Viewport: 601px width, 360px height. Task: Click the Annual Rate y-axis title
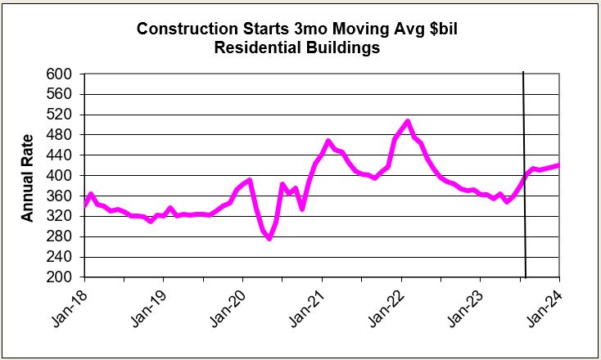[x=28, y=176]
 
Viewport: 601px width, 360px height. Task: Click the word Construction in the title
[x=184, y=29]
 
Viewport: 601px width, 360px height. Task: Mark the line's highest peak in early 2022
[x=407, y=122]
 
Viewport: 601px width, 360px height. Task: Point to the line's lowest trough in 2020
[x=269, y=238]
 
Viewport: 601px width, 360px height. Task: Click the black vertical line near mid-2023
[x=524, y=176]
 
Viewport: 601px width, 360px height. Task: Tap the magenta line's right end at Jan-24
[x=558, y=165]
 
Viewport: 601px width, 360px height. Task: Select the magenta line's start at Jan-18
[x=84, y=206]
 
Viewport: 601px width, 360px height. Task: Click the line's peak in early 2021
[x=328, y=142]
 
